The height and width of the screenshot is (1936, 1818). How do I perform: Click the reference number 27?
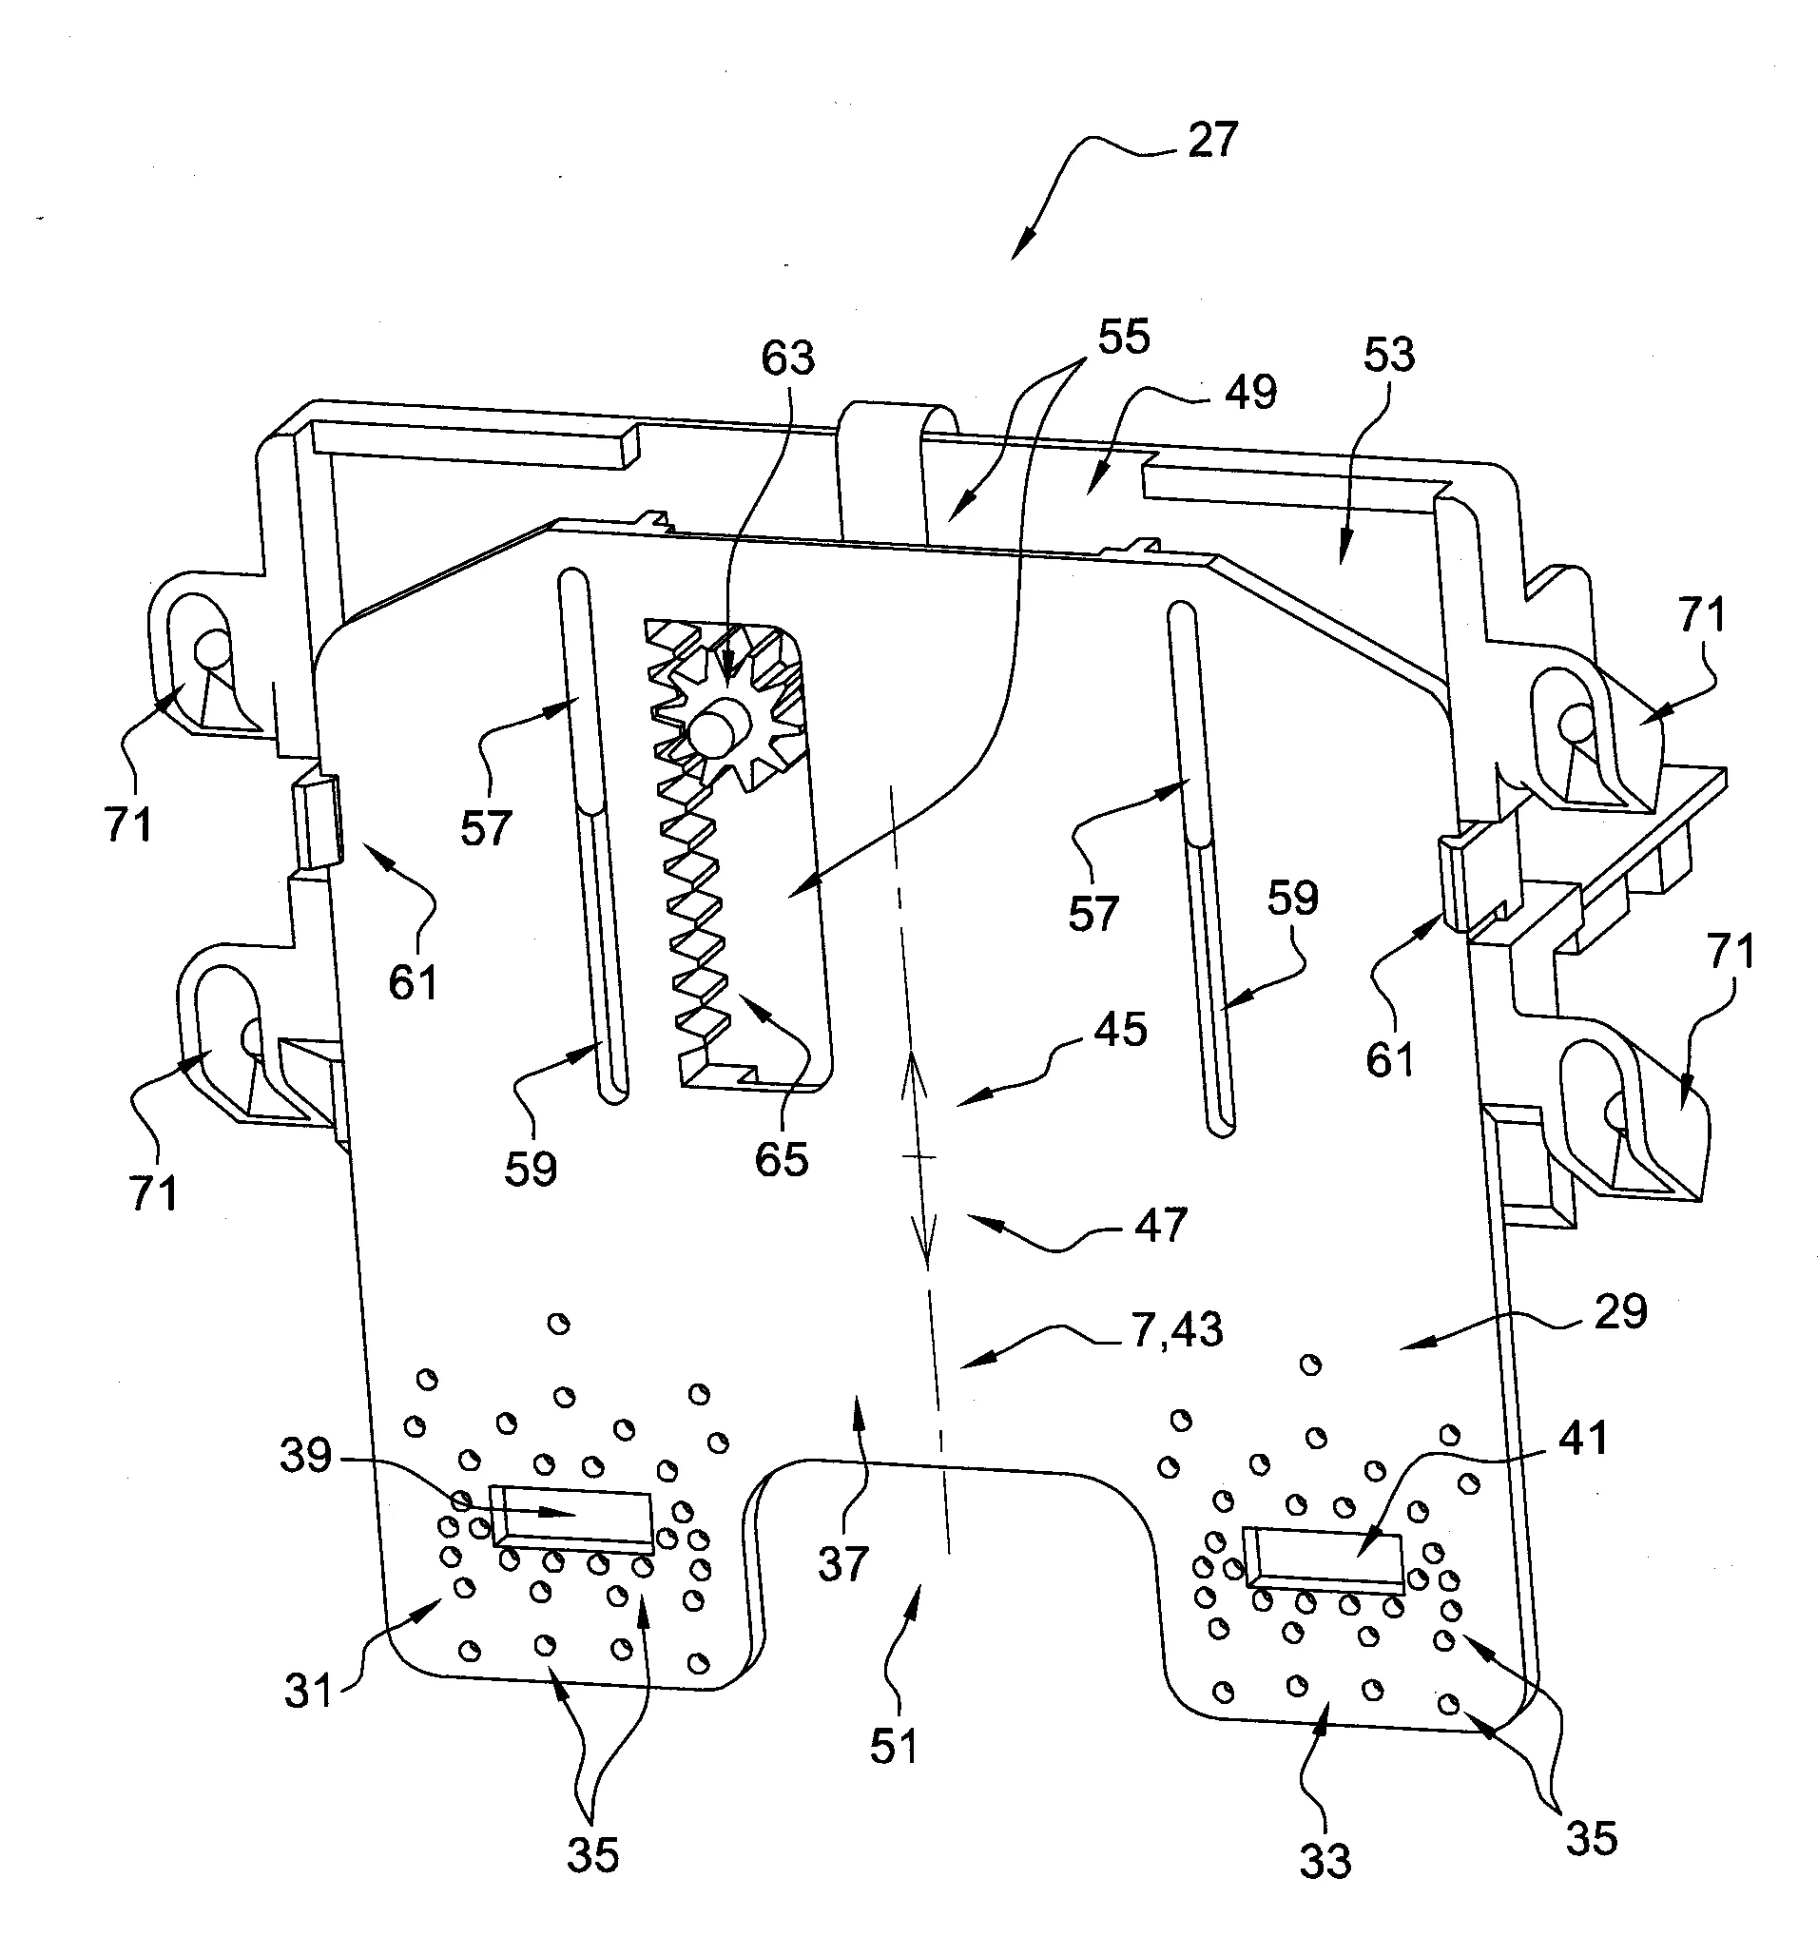coord(1211,142)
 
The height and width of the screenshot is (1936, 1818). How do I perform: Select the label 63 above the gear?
coord(787,359)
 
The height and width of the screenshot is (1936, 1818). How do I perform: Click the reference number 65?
coord(782,1160)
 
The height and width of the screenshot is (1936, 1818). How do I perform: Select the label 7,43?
coord(1177,1330)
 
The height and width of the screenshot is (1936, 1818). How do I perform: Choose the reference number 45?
coord(1121,1030)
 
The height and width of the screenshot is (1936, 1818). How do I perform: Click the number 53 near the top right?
coord(1388,357)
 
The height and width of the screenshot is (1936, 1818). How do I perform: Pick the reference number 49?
coord(1250,393)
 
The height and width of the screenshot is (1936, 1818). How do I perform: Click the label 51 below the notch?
coord(894,1747)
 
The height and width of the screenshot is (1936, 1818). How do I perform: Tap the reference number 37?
coord(842,1565)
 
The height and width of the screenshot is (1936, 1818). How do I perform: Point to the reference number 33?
coord(1325,1862)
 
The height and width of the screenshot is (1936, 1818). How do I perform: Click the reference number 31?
coord(310,1692)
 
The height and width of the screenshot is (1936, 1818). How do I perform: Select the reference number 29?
coord(1621,1312)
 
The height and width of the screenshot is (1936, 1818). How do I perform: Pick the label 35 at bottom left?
coord(593,1856)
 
